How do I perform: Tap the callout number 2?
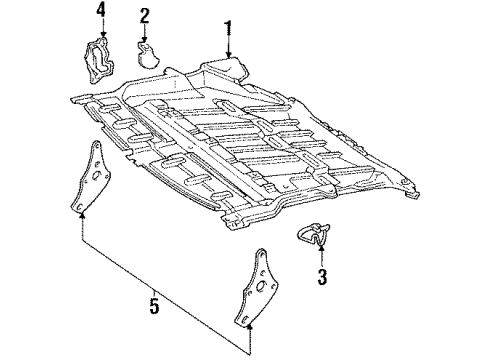(x=145, y=15)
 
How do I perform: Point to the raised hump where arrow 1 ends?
(x=225, y=67)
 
